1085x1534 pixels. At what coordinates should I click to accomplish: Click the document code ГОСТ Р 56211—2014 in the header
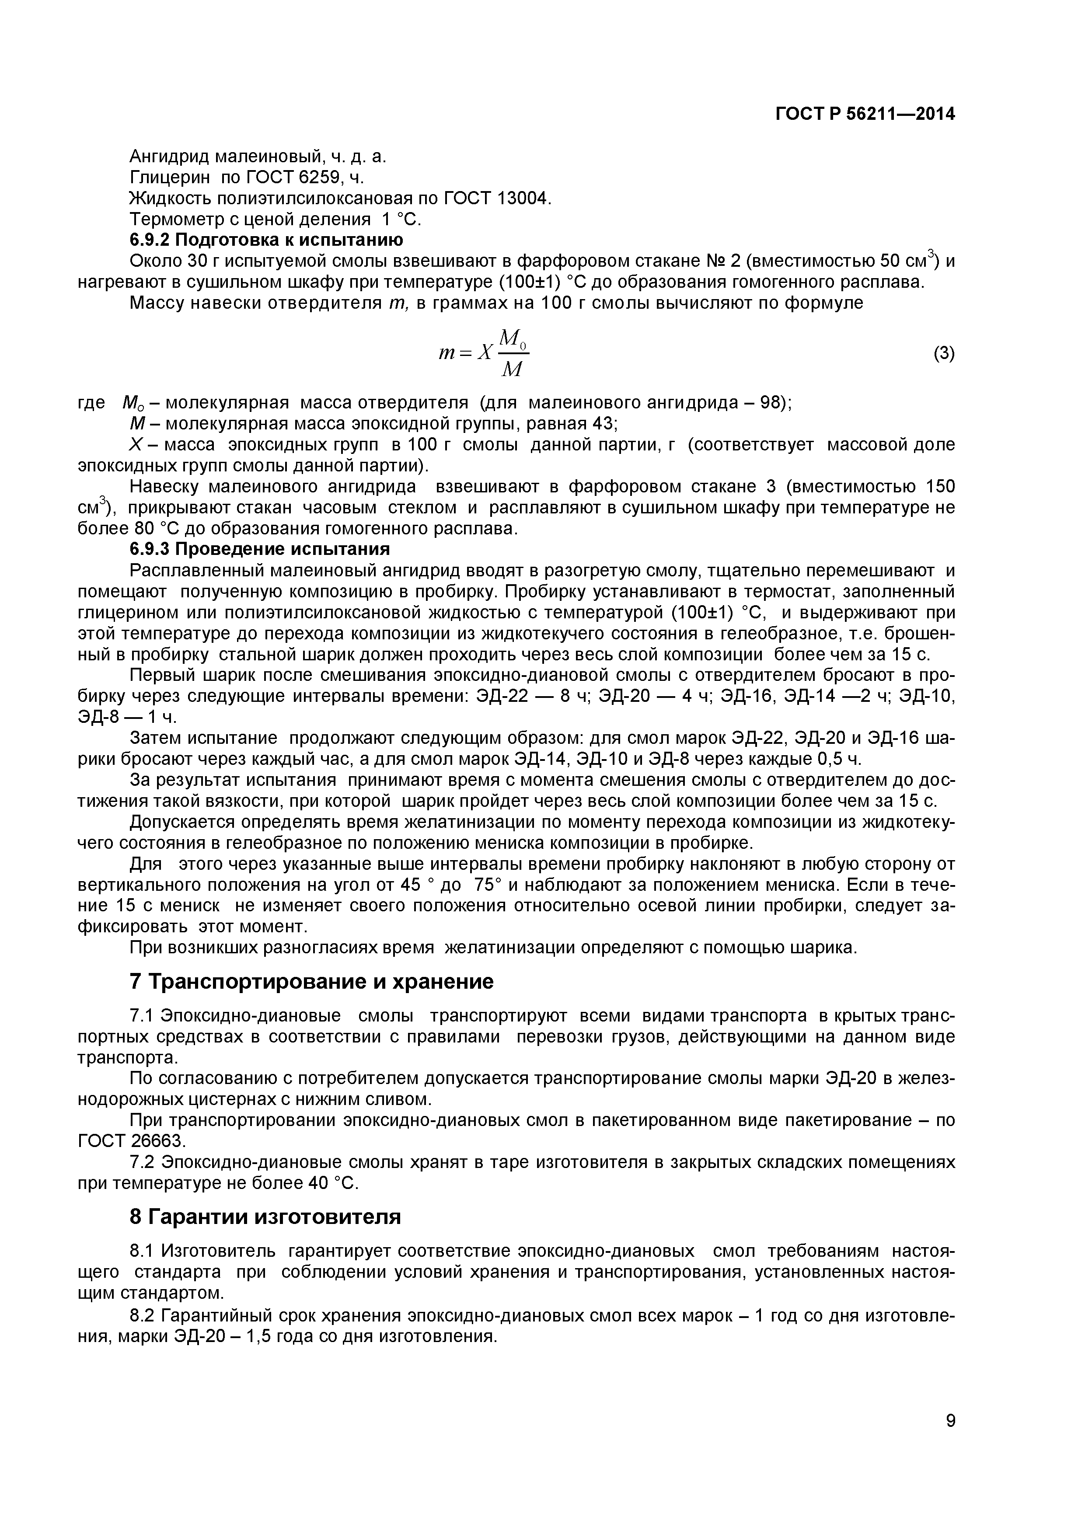coord(865,114)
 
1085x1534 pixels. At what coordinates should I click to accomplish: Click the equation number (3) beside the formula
coord(943,353)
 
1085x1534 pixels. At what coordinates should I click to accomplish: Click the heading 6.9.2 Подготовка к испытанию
coord(266,239)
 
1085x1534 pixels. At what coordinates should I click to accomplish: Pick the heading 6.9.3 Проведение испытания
coord(259,549)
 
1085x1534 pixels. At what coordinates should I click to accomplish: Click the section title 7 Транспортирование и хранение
coord(311,981)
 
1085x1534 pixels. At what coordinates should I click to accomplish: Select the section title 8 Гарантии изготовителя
coord(265,1217)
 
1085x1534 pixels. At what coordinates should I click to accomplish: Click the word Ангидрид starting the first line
coord(170,157)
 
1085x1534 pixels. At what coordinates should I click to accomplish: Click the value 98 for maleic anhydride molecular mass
coord(772,403)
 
